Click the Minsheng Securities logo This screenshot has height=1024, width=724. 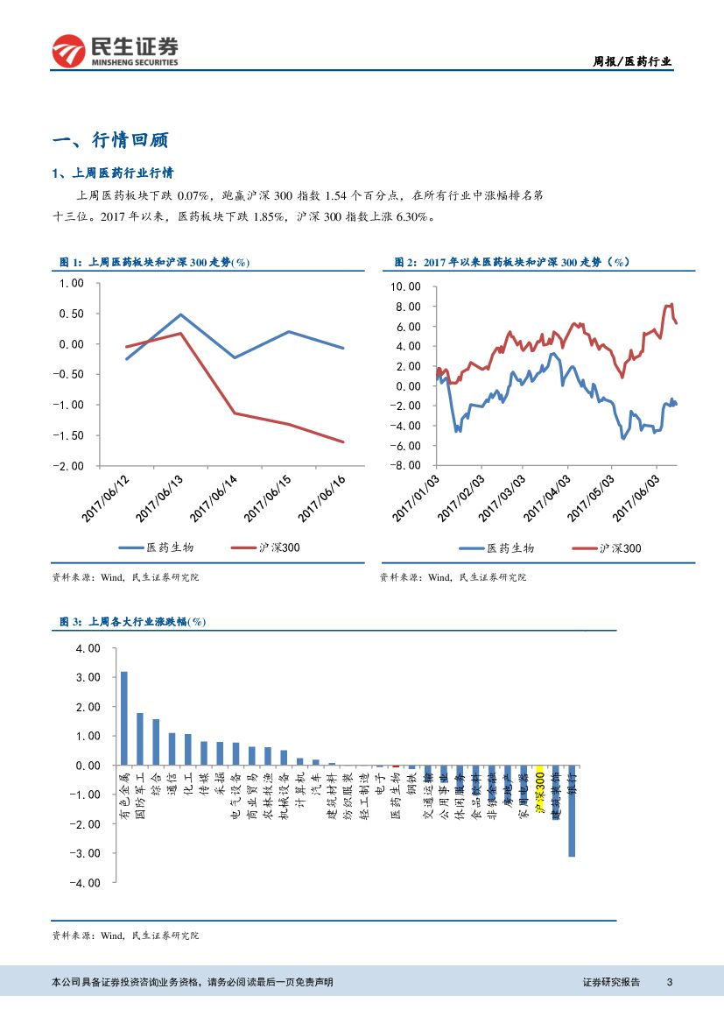[115, 51]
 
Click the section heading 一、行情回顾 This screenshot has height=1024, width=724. [110, 140]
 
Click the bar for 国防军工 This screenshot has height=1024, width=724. [139, 738]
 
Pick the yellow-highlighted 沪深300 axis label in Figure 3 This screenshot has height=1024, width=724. [540, 792]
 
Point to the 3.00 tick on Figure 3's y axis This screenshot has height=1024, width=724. [89, 678]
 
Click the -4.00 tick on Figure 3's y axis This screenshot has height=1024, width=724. [87, 883]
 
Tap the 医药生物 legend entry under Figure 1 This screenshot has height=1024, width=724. [158, 547]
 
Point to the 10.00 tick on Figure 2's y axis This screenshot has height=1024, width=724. [405, 286]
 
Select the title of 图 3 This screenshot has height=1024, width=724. [131, 621]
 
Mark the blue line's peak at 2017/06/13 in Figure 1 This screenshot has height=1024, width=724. [180, 314]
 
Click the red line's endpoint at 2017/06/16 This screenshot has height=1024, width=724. [343, 441]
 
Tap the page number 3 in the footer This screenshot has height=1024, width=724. [669, 982]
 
